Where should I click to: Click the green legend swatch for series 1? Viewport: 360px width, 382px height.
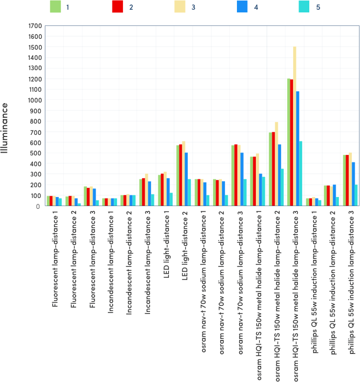pyautogui.click(x=55, y=7)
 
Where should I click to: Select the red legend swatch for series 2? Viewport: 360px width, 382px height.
pyautogui.click(x=117, y=7)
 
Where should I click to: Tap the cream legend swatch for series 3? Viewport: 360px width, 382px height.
pyautogui.click(x=180, y=7)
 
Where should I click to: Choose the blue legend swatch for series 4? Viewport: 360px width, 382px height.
pyautogui.click(x=242, y=7)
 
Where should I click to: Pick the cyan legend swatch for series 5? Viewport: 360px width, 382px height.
pyautogui.click(x=304, y=7)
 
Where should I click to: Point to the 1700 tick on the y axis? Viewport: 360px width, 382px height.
pyautogui.click(x=35, y=26)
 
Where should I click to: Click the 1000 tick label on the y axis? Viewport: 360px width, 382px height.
pyautogui.click(x=35, y=100)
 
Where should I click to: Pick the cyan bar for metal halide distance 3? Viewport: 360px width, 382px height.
pyautogui.click(x=301, y=173)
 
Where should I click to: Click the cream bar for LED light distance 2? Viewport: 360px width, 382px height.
pyautogui.click(x=184, y=173)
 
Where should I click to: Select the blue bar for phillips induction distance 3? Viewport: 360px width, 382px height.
pyautogui.click(x=354, y=184)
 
